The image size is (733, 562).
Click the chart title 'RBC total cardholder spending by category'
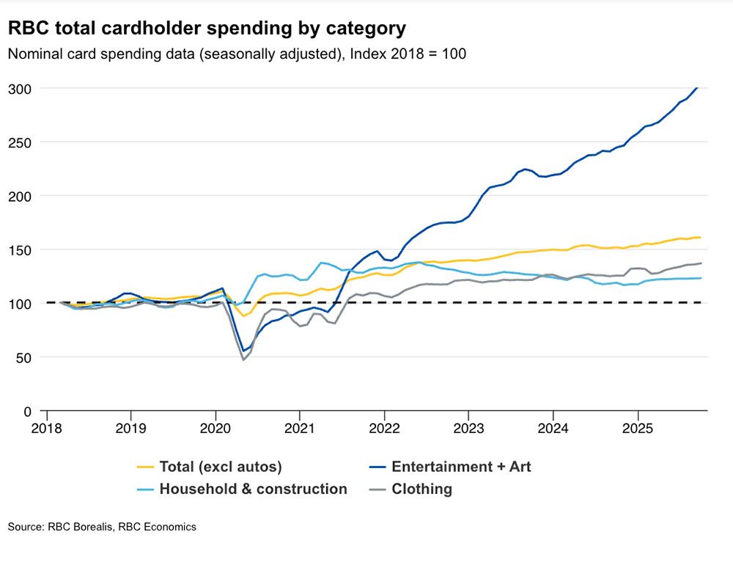(207, 29)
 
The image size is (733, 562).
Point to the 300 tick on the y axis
(21, 88)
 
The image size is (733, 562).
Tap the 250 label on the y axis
(21, 142)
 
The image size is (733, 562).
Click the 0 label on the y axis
(28, 411)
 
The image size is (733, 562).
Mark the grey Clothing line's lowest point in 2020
(243, 360)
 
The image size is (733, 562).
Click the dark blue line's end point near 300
(696, 88)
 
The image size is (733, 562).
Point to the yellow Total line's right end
(701, 237)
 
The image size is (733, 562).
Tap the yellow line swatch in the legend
(146, 467)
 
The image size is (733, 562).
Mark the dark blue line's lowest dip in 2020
(243, 351)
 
